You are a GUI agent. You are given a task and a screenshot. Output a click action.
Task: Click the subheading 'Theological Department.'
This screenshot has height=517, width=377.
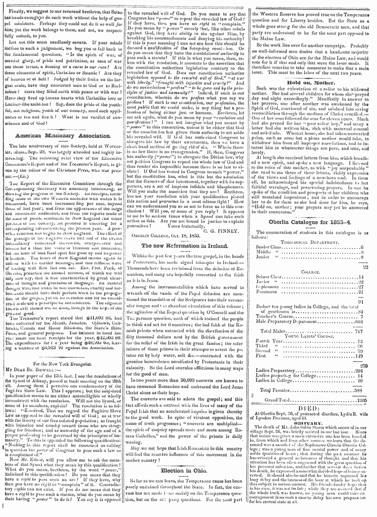click(311, 242)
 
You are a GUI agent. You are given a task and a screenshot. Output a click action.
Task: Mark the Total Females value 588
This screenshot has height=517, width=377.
click(363, 390)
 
